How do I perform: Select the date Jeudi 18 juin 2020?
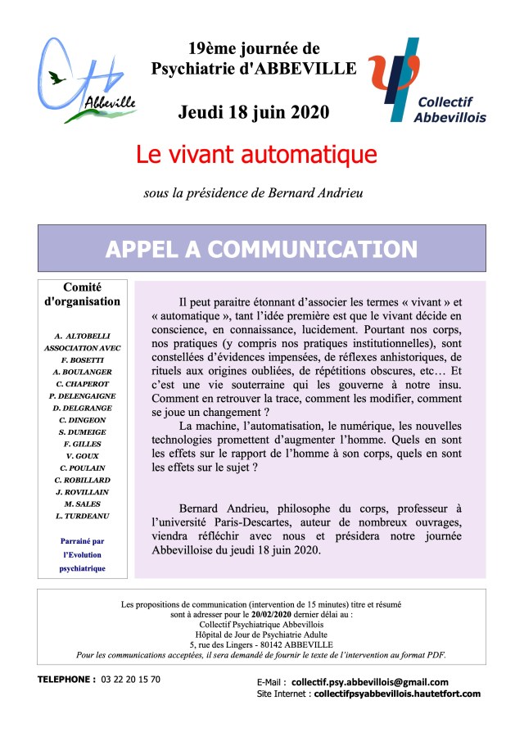pyautogui.click(x=254, y=111)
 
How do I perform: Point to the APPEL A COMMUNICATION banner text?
pyautogui.click(x=261, y=249)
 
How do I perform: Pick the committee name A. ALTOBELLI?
pyautogui.click(x=82, y=336)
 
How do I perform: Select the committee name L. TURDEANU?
pyautogui.click(x=82, y=516)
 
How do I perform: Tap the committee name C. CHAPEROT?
pyautogui.click(x=82, y=383)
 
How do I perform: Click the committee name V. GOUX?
pyautogui.click(x=82, y=455)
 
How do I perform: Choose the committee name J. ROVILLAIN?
pyautogui.click(x=82, y=491)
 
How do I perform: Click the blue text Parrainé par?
pyautogui.click(x=82, y=542)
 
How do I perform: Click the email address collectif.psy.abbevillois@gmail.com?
pyautogui.click(x=370, y=682)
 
